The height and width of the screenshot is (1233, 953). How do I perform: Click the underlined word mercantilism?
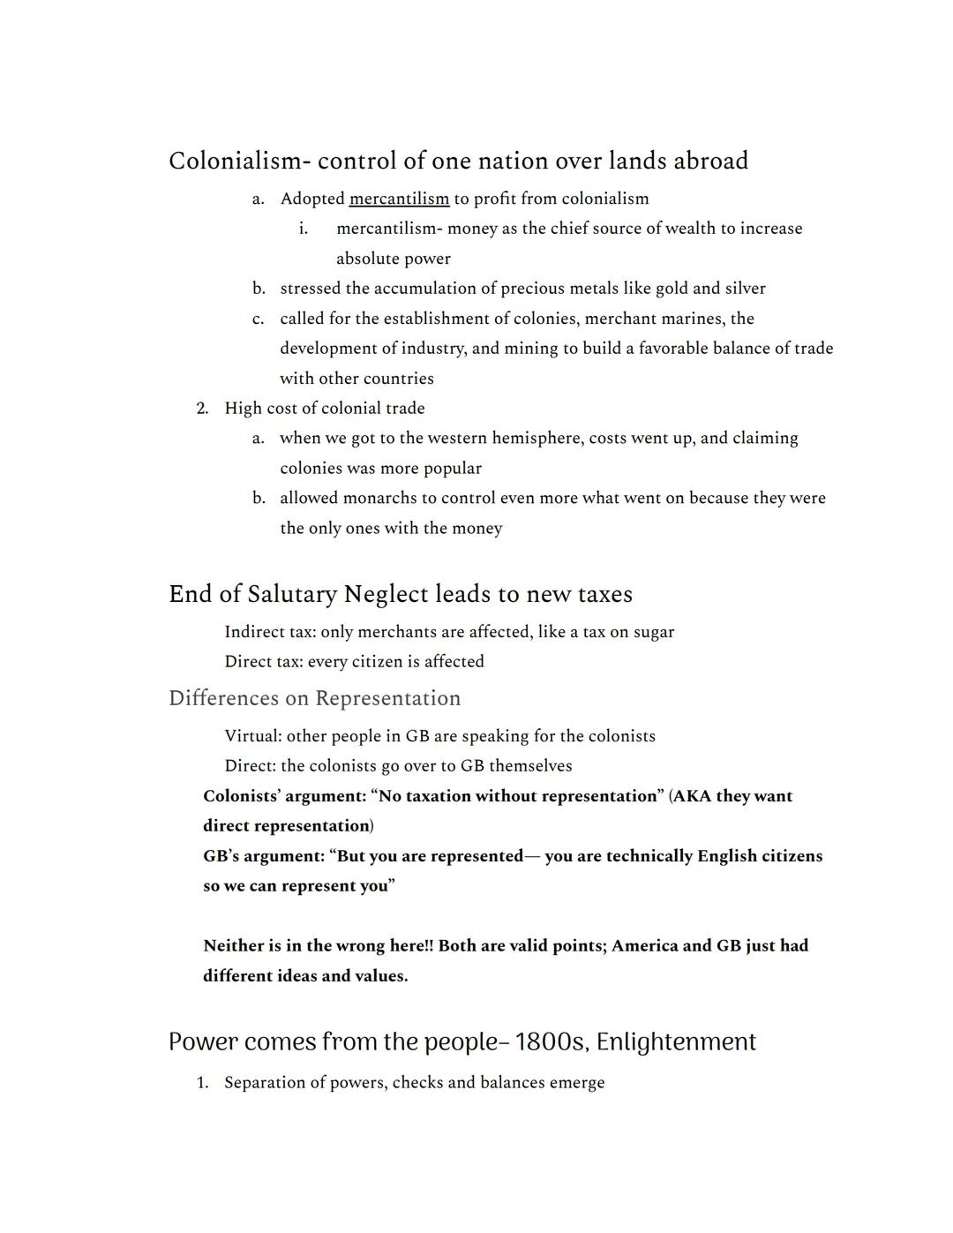pos(399,199)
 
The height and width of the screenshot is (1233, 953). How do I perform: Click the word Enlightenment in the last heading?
pos(676,1042)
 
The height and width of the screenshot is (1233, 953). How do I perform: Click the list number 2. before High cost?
pos(202,409)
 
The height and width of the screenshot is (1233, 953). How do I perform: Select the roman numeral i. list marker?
pos(303,229)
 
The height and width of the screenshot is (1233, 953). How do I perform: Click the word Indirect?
pos(254,632)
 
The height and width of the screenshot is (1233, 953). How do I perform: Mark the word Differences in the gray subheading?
pos(222,698)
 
